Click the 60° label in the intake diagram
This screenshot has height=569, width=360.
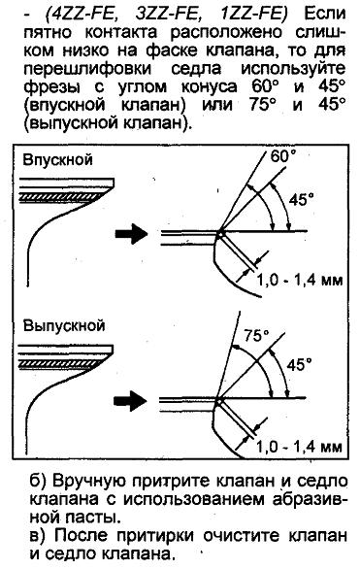[283, 156]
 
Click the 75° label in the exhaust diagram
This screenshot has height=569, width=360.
[256, 336]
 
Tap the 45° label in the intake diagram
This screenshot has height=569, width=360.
[301, 199]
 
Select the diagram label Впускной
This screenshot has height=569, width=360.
[57, 159]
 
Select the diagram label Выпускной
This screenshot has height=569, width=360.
[64, 325]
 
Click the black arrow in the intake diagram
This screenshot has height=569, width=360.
[131, 234]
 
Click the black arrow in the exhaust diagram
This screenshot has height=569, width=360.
[130, 401]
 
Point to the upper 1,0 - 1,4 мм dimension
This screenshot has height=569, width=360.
[300, 280]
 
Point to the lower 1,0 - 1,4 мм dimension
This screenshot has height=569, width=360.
[299, 447]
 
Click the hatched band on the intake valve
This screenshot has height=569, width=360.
[63, 196]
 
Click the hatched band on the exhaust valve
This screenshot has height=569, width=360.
[62, 363]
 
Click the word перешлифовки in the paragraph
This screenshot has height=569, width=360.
[87, 69]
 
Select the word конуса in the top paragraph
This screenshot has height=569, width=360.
[210, 87]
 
